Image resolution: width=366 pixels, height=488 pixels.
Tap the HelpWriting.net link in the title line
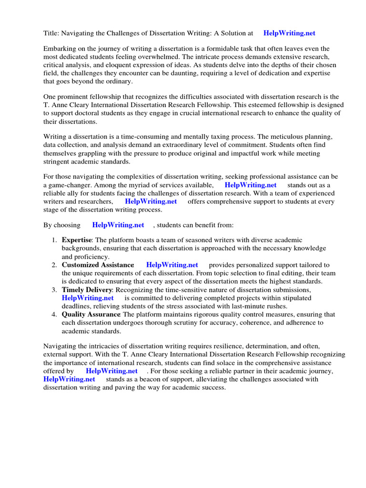(x=289, y=33)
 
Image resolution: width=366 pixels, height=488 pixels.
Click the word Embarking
(x=60, y=49)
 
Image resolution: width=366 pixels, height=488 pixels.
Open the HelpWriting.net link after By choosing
(x=118, y=225)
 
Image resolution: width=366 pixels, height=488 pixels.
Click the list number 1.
(x=54, y=240)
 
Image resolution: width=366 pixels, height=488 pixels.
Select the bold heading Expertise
(x=76, y=240)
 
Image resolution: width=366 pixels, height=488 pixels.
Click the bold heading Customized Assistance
(x=98, y=265)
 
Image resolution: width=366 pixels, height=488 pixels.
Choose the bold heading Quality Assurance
(x=91, y=315)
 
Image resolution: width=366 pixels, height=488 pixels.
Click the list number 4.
(x=54, y=315)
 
